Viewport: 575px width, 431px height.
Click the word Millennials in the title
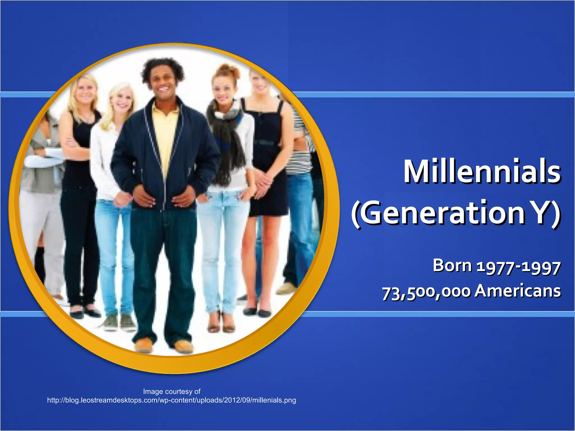pos(482,171)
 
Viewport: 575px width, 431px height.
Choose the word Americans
pos(517,291)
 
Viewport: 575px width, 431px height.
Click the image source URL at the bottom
pos(172,400)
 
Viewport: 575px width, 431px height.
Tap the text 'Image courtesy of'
pos(172,391)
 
